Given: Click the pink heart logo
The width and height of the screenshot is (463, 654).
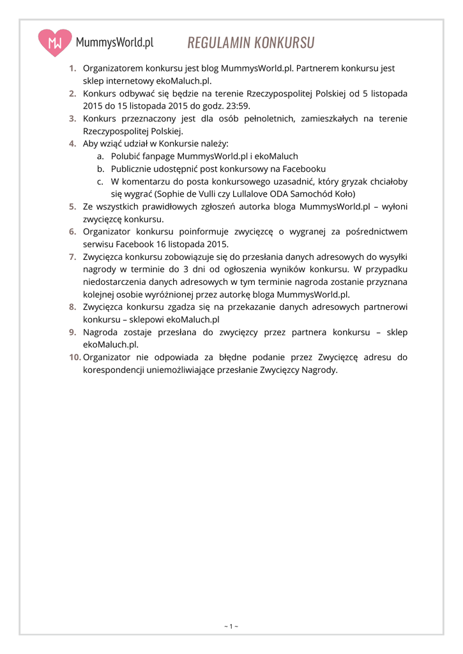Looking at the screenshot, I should click(x=55, y=43).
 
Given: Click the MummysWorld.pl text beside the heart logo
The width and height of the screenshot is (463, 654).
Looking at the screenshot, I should click(x=114, y=43).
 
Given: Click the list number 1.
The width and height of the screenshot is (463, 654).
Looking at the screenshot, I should click(x=73, y=68).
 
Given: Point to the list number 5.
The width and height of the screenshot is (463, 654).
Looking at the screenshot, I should click(x=73, y=206).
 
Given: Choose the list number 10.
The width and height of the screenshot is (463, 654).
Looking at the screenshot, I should click(x=75, y=357).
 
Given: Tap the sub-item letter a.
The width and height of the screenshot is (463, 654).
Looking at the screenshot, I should click(x=100, y=156).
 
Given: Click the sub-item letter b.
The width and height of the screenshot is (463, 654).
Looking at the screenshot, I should click(x=100, y=169).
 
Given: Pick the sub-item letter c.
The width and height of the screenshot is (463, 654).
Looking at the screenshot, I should click(x=100, y=181).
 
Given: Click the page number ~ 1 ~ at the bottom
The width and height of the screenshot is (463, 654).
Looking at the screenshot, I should click(x=231, y=626).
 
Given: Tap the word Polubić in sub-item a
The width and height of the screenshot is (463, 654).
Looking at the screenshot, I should click(x=126, y=156).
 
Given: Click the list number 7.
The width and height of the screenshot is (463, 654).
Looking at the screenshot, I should click(x=73, y=257).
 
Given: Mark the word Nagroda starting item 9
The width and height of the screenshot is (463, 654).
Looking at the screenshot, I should click(x=101, y=332).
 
